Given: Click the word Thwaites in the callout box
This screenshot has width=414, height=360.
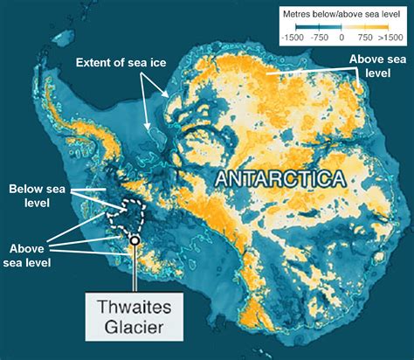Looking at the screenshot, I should [x=135, y=306].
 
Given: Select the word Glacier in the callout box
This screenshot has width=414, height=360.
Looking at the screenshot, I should [x=135, y=330].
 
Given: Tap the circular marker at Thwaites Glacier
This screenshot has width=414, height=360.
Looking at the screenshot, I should [x=135, y=239].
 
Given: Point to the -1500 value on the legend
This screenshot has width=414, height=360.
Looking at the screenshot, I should [x=293, y=38].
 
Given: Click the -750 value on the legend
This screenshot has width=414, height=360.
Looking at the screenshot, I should [x=320, y=38].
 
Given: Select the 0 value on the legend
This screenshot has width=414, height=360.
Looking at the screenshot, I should [x=343, y=38].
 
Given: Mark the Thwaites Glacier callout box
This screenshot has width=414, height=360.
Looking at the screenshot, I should [x=135, y=318].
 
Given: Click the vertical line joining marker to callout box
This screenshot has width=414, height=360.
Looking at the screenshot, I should [x=135, y=267].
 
